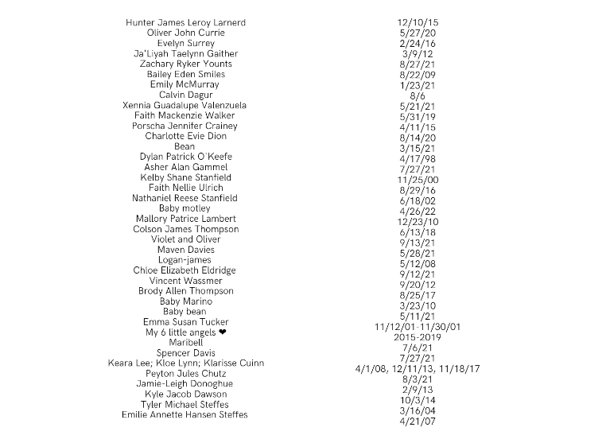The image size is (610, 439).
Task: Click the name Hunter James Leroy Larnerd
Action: [x=185, y=22]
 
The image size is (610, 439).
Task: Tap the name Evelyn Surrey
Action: [x=185, y=43]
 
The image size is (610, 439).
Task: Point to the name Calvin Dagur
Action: [x=185, y=95]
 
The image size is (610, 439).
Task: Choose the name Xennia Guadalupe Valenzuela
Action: [x=185, y=105]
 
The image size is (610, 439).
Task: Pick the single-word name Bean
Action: [x=185, y=146]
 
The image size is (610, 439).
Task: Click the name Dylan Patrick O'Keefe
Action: [x=185, y=157]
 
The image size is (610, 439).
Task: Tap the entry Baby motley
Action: [x=185, y=208]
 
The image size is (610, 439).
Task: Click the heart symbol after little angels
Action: [x=223, y=332]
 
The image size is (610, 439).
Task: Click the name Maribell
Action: [x=185, y=343]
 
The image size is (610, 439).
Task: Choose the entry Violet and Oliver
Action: [x=185, y=239]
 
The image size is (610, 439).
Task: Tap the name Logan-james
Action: [x=185, y=260]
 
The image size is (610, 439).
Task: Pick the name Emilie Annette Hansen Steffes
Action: [x=185, y=415]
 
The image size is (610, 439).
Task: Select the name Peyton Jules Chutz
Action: [x=185, y=374]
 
